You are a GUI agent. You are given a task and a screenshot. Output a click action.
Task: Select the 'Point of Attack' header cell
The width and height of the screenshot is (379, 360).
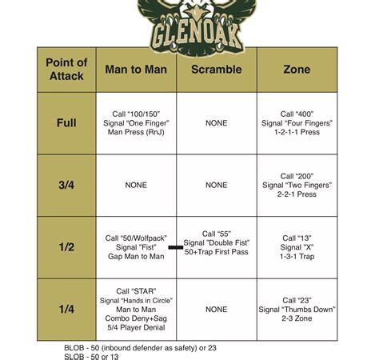click(x=66, y=69)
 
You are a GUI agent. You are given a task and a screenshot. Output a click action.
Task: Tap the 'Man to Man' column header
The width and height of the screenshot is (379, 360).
click(x=136, y=70)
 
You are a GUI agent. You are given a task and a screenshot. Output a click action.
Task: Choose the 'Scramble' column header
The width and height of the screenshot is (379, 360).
click(x=216, y=70)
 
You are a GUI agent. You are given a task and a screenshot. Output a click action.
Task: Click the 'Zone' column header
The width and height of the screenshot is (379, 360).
click(x=297, y=70)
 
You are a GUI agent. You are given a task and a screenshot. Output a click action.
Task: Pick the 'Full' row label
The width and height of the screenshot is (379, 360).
click(x=66, y=123)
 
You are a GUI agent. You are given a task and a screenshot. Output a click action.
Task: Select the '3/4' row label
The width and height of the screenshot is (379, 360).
click(x=66, y=185)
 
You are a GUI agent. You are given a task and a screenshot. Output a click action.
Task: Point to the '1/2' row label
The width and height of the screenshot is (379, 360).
click(x=66, y=247)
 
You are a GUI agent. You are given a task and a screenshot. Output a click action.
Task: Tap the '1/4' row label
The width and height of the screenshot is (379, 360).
click(x=66, y=309)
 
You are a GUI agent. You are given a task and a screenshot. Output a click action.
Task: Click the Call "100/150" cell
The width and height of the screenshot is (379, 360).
click(x=136, y=123)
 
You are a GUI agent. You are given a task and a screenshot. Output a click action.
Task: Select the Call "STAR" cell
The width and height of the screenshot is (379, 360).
click(x=136, y=309)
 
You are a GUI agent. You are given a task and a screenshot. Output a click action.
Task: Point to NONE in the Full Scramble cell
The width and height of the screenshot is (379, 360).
click(x=216, y=123)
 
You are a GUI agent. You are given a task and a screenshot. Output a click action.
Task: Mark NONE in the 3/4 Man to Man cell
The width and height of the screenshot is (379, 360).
click(x=136, y=185)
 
